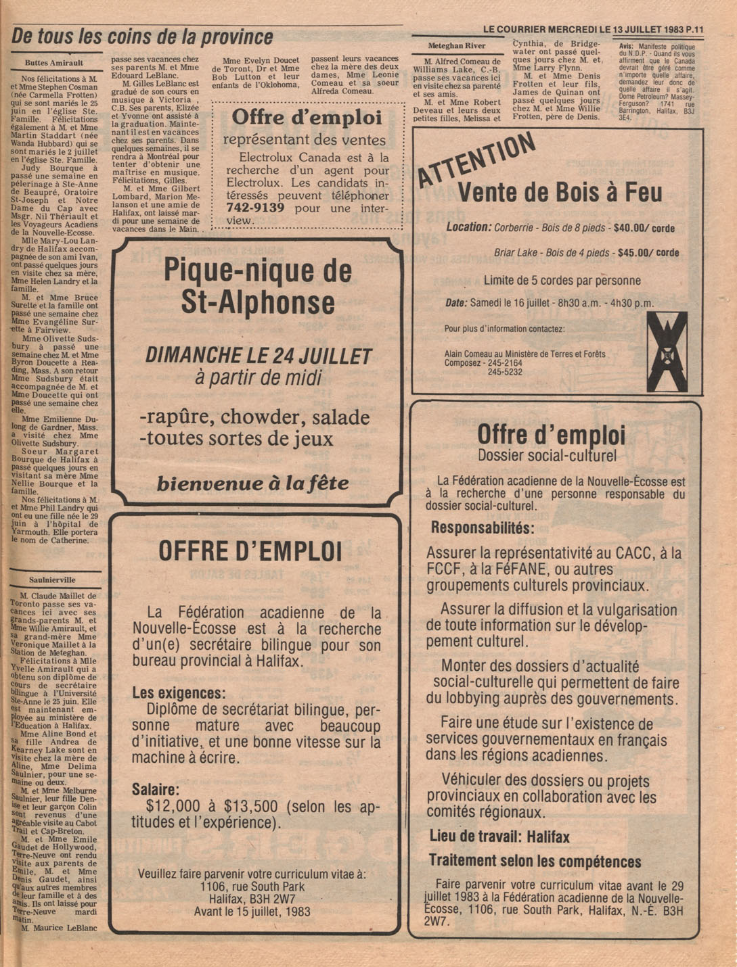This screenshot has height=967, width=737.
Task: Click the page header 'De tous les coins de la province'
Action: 142,37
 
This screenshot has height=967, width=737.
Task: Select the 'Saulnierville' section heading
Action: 52,580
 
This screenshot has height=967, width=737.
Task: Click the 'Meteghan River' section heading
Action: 457,46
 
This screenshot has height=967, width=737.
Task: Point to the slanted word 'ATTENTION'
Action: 476,158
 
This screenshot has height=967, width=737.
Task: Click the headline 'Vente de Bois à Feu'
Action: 560,193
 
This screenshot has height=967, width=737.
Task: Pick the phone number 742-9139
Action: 255,208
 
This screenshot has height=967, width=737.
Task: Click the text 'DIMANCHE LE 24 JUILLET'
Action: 259,356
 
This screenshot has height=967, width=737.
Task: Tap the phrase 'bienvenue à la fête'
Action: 252,484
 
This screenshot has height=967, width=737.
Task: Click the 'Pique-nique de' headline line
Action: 258,271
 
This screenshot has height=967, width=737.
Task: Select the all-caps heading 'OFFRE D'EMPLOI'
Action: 250,552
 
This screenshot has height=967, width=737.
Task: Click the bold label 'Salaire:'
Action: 156,789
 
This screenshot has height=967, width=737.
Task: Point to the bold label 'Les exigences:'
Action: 179,693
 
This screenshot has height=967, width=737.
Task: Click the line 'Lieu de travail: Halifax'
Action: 499,836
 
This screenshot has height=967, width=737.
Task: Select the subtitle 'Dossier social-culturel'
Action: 547,456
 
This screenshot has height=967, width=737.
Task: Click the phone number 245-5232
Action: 505,372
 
